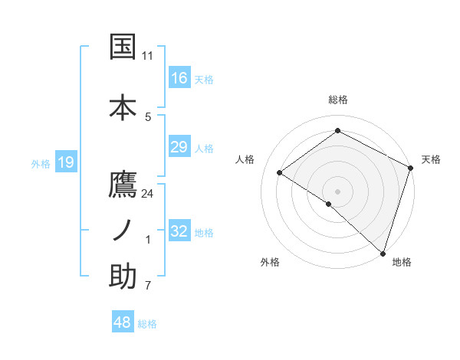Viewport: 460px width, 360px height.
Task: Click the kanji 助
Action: point(123,277)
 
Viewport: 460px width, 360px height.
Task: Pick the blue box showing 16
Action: point(179,78)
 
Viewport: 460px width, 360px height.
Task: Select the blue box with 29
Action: point(179,147)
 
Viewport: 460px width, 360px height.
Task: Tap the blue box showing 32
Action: point(179,231)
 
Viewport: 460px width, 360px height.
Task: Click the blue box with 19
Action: point(65,162)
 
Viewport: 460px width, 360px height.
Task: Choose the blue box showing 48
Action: point(123,322)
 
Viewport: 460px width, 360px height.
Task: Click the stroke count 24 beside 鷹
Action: point(148,194)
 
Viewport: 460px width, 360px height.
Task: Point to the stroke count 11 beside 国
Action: point(148,56)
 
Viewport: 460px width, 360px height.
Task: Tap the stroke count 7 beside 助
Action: point(148,286)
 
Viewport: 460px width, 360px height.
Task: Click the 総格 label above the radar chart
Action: point(338,100)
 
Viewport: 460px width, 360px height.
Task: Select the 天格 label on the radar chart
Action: point(432,159)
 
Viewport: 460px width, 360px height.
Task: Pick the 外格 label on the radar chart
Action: point(270,262)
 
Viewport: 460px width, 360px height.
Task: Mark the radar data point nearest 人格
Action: point(280,172)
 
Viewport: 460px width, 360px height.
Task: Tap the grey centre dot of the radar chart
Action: point(337,191)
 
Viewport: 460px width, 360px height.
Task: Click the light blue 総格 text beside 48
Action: point(147,324)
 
